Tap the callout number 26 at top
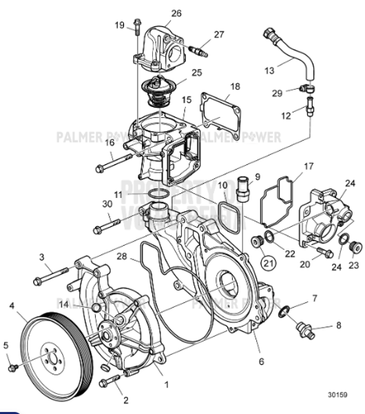(x=177, y=13)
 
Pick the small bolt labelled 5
(x=12, y=367)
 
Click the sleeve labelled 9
(x=242, y=188)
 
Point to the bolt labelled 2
(x=107, y=381)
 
